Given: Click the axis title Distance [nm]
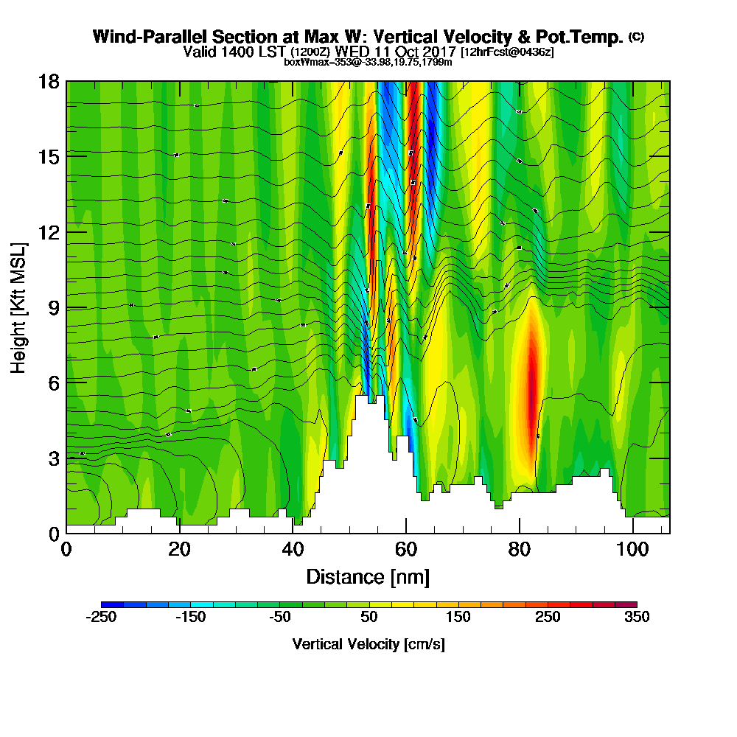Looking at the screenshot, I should pos(368,576).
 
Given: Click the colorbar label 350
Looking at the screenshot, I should pos(637,618).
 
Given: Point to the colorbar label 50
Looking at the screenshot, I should pos(369,618).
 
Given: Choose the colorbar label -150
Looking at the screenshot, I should pos(190,618).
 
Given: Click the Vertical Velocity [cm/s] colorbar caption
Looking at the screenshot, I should pos(368,644).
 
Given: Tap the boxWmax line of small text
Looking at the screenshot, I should pos(368,62).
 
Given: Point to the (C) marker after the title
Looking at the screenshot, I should pos(636,36).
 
